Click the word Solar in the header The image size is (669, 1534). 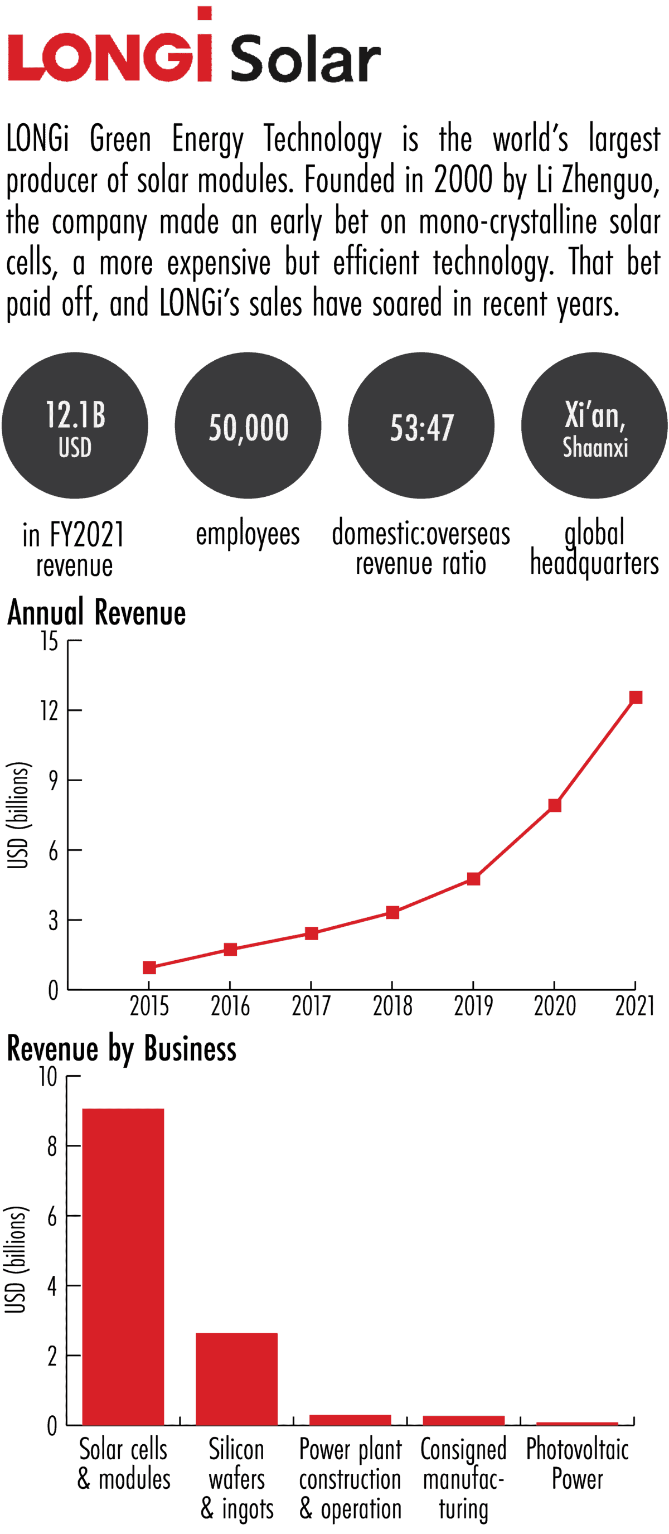[x=305, y=59]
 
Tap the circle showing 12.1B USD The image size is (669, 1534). [x=75, y=425]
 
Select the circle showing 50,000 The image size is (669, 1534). [x=248, y=425]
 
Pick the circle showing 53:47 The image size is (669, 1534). [x=421, y=425]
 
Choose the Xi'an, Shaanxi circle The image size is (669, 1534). [x=595, y=425]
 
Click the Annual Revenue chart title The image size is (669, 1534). [x=96, y=613]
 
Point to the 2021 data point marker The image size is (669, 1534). [x=636, y=698]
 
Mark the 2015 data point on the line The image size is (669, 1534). [x=149, y=967]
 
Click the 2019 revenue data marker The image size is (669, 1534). [x=473, y=879]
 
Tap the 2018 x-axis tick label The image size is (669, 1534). [x=392, y=1006]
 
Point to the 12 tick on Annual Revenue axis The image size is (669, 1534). [x=50, y=710]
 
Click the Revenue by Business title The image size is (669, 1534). [x=122, y=1049]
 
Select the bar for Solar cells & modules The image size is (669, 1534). [x=123, y=1267]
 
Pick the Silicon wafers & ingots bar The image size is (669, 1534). [x=236, y=1379]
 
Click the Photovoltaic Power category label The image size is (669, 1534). [x=577, y=1464]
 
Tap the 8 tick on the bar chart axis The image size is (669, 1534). [x=52, y=1146]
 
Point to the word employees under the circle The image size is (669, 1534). [x=248, y=534]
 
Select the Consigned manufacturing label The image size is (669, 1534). [x=463, y=1479]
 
